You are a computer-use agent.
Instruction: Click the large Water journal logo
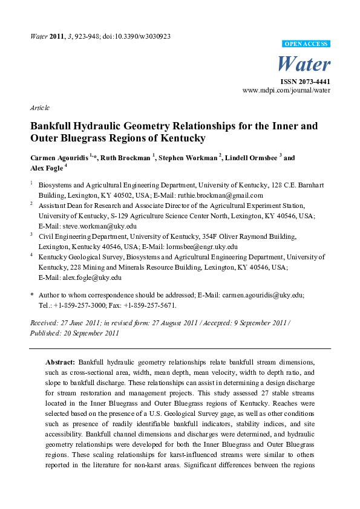point(303,63)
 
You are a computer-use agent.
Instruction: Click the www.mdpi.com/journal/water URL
point(286,90)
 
